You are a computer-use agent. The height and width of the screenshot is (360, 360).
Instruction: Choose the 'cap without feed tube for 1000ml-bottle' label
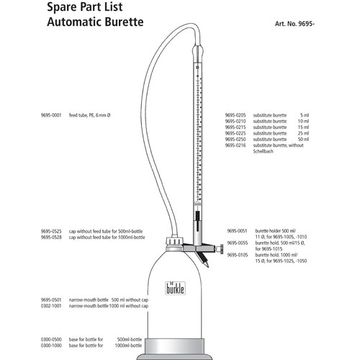(107, 237)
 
